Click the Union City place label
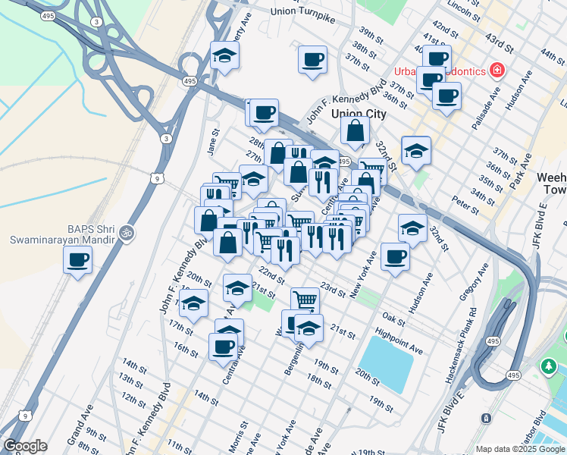(359, 114)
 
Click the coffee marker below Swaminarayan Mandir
(78, 261)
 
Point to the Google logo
(25, 446)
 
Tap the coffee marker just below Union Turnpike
(312, 60)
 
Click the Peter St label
(465, 204)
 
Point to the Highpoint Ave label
(398, 340)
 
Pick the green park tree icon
(547, 367)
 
